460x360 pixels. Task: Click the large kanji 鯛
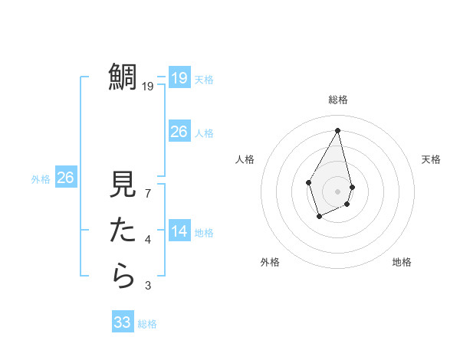[123, 77]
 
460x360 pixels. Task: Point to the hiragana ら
[123, 274]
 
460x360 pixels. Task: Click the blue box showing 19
[179, 78]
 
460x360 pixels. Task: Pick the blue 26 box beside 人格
[179, 132]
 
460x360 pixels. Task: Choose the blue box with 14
[179, 231]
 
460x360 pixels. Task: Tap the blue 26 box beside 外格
[66, 178]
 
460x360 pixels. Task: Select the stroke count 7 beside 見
[148, 194]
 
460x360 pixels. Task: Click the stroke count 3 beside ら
[148, 286]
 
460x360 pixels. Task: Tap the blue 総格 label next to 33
[148, 324]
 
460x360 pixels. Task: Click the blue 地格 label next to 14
[204, 233]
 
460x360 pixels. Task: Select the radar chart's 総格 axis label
[337, 100]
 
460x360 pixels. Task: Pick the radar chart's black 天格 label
[432, 159]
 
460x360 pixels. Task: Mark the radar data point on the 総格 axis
[337, 129]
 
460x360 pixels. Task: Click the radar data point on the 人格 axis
[309, 182]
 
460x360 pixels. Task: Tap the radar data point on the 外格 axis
[320, 217]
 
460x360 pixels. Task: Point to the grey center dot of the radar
[337, 191]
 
